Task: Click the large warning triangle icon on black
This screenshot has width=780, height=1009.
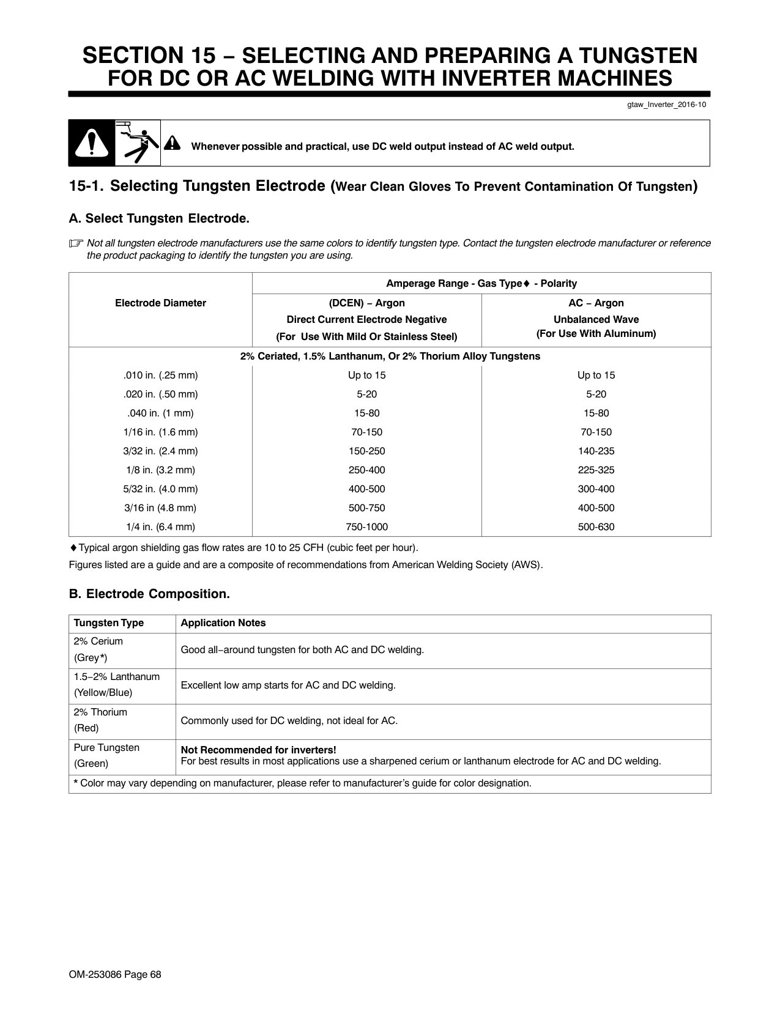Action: tap(92, 144)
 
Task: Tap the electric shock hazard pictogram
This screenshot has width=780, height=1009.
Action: tap(138, 143)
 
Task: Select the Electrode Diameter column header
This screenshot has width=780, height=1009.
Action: tap(160, 303)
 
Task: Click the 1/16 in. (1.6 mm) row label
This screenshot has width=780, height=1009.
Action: tap(160, 432)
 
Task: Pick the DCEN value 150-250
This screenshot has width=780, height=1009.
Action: tap(366, 451)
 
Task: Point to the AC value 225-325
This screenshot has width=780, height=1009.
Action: tap(596, 470)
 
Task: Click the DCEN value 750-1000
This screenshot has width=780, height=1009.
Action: tap(366, 527)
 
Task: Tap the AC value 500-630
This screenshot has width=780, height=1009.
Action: tap(596, 527)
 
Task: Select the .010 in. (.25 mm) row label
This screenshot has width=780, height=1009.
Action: tap(160, 375)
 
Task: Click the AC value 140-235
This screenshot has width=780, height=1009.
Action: tap(596, 451)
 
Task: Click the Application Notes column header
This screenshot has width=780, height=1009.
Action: tap(223, 623)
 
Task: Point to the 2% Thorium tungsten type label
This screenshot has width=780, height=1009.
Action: tap(100, 712)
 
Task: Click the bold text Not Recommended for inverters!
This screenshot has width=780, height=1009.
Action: tap(258, 750)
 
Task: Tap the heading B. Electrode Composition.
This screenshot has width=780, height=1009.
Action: tap(149, 594)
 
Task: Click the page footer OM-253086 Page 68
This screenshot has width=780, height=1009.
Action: tap(115, 975)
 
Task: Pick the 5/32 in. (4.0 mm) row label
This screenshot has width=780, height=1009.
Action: tap(160, 489)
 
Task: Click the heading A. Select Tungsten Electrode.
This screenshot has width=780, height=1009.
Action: tap(159, 219)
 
